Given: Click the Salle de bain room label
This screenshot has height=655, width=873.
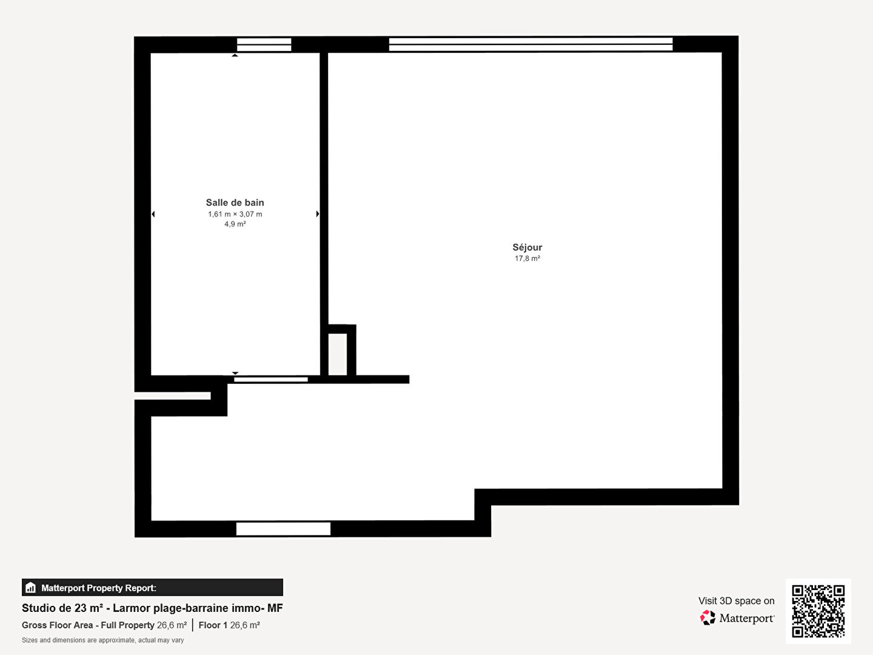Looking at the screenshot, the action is point(235,203).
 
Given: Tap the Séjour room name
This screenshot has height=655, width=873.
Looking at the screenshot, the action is point(527,247).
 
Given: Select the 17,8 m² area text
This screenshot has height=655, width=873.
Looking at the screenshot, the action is point(527,258).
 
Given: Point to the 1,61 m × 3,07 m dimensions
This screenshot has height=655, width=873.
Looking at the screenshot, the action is point(235,214).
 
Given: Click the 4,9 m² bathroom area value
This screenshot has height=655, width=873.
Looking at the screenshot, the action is point(235,224).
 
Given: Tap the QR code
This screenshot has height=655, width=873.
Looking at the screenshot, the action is point(818,611).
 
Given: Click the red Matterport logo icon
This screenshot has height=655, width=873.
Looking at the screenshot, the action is point(707,617).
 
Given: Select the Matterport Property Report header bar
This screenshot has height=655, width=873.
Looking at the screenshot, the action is point(152,588).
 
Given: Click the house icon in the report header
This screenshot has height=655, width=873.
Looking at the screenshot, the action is point(31,588).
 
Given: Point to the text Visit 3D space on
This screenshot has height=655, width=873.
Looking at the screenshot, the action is point(736,601).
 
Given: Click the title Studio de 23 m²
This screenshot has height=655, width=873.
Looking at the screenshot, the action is point(62,608).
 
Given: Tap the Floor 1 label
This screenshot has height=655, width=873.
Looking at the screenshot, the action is point(213,625).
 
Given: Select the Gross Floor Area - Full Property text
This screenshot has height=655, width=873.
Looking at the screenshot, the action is point(88,625).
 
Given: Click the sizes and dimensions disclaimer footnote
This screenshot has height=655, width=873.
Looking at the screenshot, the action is point(102,640).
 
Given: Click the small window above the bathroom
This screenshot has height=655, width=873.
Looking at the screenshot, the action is point(264,44).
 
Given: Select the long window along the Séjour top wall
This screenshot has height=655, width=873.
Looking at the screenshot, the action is point(530,44).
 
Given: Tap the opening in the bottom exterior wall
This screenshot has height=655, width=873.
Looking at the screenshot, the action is point(283,529).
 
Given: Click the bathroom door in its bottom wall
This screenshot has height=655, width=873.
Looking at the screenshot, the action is point(271,380).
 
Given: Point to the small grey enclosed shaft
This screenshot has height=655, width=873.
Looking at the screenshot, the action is point(338,354).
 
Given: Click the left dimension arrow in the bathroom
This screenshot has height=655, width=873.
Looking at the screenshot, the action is point(153,214).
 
